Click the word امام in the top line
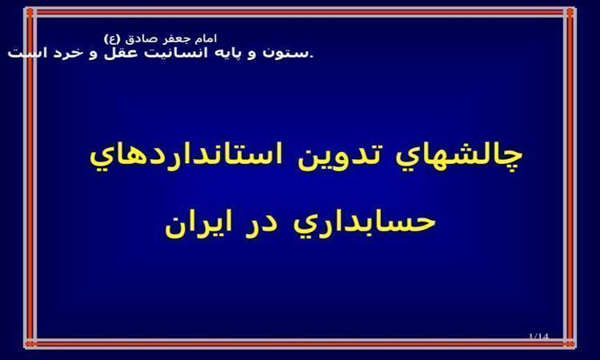206,38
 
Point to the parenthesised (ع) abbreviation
113,39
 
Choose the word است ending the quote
25,53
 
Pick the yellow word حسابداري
365,224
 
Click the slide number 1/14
538,336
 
